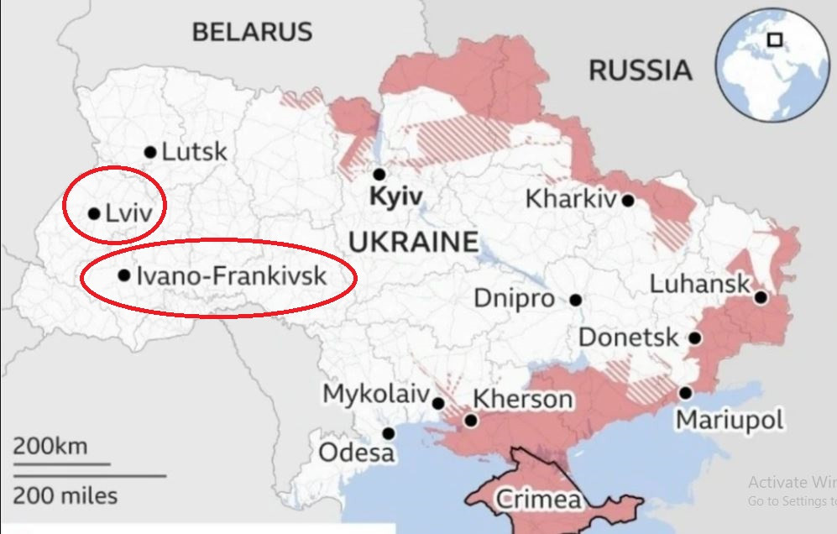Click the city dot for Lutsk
[x=150, y=152]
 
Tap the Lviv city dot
[x=94, y=213]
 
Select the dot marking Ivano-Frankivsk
[x=124, y=275]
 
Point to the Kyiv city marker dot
[x=379, y=174]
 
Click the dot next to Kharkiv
[x=628, y=200]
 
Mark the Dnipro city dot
[x=576, y=300]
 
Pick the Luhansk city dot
[x=761, y=296]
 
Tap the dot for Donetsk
[x=695, y=338]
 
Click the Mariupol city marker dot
[x=686, y=392]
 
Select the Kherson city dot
[x=471, y=420]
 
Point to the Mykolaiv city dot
[x=438, y=403]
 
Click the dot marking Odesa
[x=389, y=433]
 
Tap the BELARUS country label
[x=252, y=32]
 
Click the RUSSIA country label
[x=641, y=70]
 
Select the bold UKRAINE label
[x=412, y=243]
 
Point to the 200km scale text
[x=50, y=446]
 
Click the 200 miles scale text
[x=65, y=495]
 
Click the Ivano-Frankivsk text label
[x=231, y=275]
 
